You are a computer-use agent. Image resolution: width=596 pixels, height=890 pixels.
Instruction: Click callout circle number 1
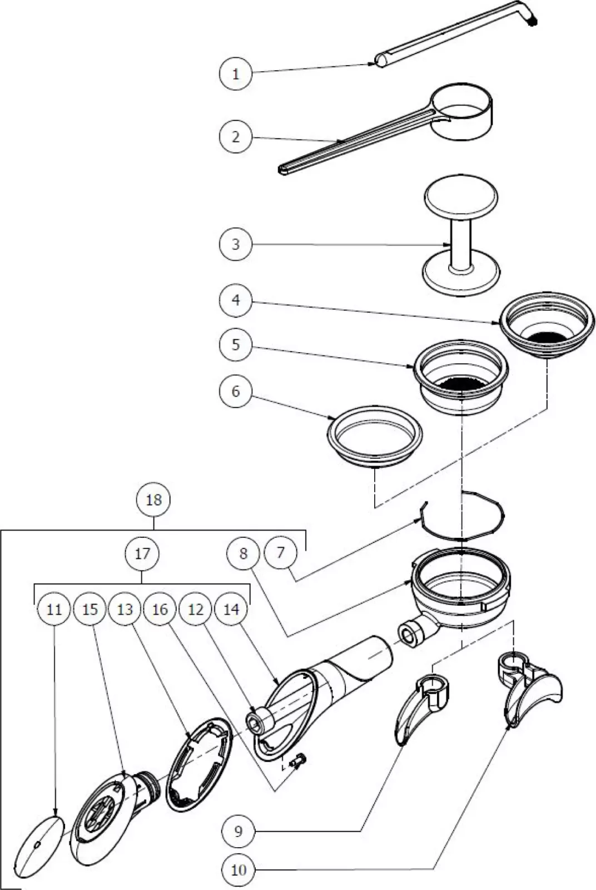[x=236, y=73]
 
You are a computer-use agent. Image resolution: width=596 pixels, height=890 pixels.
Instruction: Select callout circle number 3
[x=236, y=244]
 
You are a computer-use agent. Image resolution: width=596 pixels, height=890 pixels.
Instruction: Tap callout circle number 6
[x=236, y=392]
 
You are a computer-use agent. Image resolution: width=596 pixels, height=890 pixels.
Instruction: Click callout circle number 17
[x=142, y=553]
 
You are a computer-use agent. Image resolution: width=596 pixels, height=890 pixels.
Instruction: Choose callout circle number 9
[x=238, y=831]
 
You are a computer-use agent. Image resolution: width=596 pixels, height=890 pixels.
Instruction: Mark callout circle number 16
[x=160, y=609]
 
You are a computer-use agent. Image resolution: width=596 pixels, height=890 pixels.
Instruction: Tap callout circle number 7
[x=281, y=552]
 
